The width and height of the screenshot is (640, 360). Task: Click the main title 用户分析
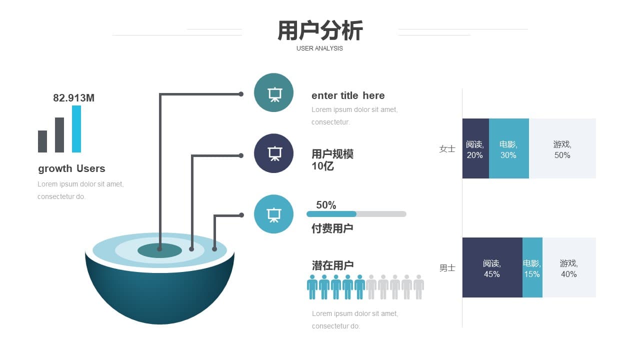[x=320, y=30]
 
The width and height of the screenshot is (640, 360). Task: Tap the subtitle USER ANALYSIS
[x=319, y=48]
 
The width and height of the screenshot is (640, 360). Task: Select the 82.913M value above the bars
[x=73, y=98]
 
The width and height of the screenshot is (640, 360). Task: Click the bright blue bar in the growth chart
[x=76, y=129]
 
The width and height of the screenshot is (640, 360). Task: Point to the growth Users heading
[x=71, y=168]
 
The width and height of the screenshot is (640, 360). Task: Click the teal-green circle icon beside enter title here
[x=273, y=92]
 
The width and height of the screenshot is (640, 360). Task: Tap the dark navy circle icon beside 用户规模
[x=273, y=153]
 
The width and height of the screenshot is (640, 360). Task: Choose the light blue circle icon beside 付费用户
[x=273, y=214]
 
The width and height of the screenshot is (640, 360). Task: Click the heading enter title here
[x=348, y=95]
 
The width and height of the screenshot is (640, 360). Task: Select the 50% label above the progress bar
[x=326, y=205]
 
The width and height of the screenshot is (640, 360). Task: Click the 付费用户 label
[x=332, y=228]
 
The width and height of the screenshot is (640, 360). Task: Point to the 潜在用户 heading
[x=333, y=265]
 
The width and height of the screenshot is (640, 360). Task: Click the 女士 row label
[x=447, y=149]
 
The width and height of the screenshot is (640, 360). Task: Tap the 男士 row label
[x=447, y=268]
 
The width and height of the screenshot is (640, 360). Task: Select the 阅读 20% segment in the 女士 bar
[x=475, y=148]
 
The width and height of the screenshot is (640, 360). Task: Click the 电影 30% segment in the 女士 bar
[x=509, y=148]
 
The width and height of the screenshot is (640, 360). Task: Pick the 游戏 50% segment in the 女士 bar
[x=562, y=148]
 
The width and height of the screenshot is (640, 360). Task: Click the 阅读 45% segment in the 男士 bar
[x=492, y=267]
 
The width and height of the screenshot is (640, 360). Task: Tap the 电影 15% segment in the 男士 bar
[x=532, y=267]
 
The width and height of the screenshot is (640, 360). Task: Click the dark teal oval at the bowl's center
[x=159, y=250]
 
